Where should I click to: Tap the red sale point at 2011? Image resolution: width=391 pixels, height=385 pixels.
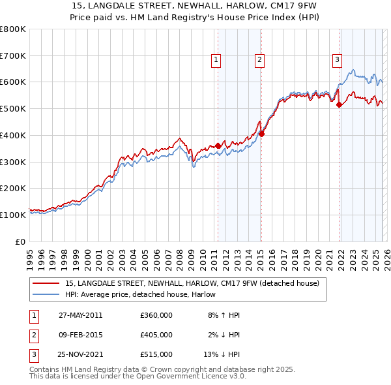[x=218, y=146]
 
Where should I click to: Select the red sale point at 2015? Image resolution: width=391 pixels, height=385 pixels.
[x=261, y=134]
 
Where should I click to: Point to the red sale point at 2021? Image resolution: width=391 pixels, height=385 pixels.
[x=340, y=104]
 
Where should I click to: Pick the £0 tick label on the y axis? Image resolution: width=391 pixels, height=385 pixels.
[x=21, y=241]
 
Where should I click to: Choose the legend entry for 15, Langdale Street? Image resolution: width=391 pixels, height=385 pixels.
[x=192, y=283]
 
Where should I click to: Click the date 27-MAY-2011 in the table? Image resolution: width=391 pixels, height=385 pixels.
[x=80, y=315]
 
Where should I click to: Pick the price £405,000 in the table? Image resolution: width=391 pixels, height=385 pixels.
[x=156, y=335]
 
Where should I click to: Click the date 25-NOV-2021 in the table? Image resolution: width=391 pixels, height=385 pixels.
[x=81, y=354]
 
